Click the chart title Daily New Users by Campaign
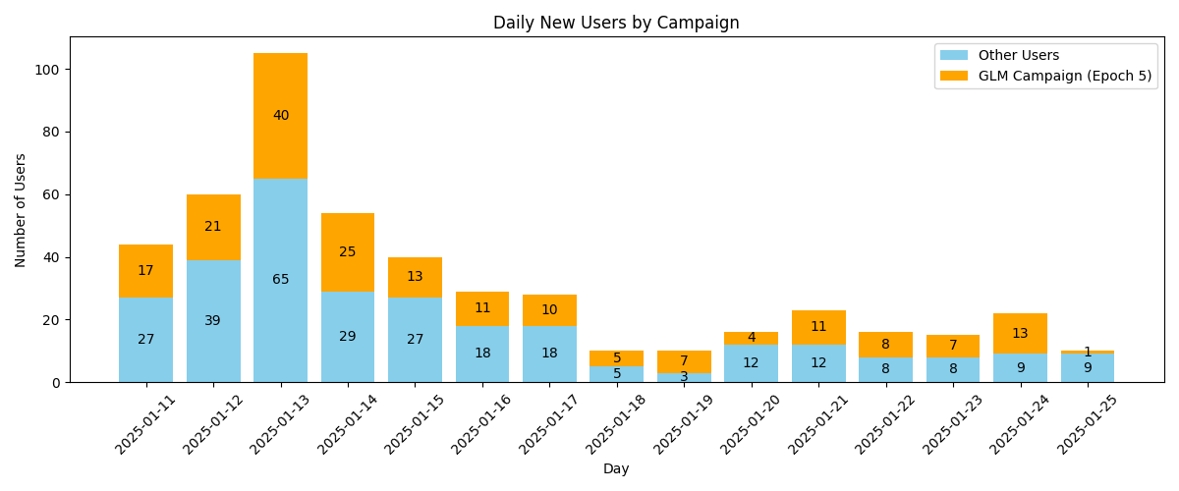[616, 23]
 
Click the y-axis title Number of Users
[21, 209]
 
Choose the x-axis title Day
[616, 469]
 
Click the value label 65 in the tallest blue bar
[280, 280]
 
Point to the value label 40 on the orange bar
[280, 116]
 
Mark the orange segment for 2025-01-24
[1020, 334]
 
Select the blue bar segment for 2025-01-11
[145, 340]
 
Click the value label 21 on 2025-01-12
[213, 227]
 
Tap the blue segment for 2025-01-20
[751, 363]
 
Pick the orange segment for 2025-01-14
[347, 252]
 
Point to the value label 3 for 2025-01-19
[684, 377]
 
